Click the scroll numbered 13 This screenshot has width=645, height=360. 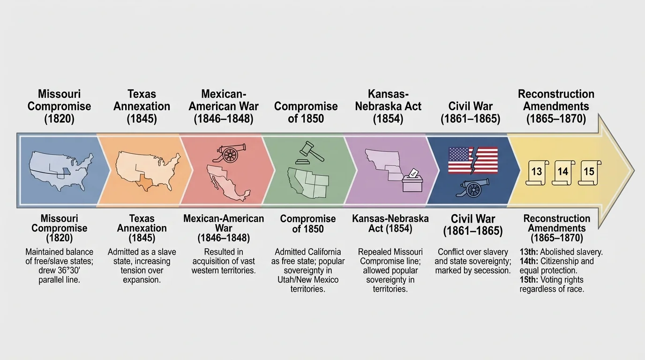[537, 171]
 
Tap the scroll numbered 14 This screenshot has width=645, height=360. [562, 171]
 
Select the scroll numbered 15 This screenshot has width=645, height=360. [588, 171]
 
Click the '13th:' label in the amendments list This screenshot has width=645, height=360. [529, 252]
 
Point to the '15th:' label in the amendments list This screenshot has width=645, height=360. [529, 280]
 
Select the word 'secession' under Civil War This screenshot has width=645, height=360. [492, 270]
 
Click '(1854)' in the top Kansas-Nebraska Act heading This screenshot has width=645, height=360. [388, 119]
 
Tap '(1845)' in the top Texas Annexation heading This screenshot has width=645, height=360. [142, 119]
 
